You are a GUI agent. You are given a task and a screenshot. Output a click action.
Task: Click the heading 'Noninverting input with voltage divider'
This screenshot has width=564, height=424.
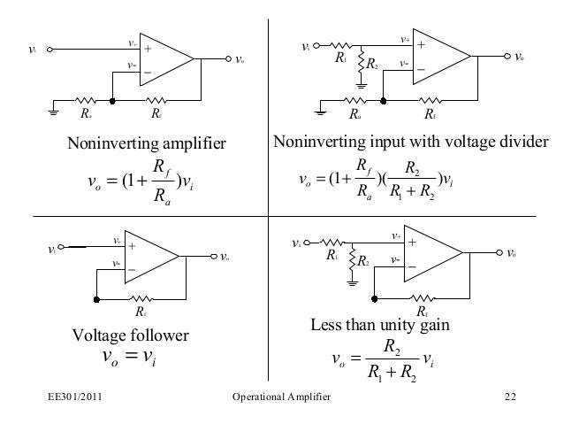411,143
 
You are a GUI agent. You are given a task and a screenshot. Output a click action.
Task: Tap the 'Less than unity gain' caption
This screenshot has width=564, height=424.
379,325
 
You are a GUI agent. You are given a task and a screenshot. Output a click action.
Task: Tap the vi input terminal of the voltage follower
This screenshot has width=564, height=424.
60,250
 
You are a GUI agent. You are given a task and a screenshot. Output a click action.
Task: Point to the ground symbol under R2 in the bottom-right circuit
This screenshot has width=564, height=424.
352,283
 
